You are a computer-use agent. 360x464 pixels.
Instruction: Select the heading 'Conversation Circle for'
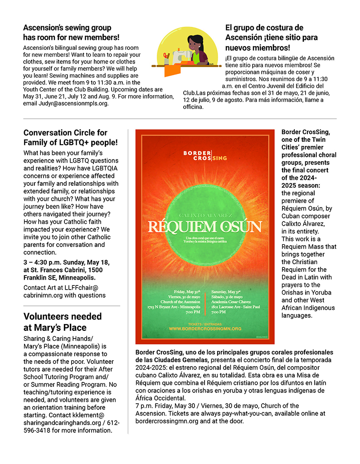pos(65,133)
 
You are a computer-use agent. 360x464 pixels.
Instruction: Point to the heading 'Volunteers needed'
pos(63,316)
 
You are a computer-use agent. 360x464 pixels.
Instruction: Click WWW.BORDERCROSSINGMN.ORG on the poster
pos(205,328)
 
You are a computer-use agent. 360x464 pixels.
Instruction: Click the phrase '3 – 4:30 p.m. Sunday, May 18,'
pos(66,262)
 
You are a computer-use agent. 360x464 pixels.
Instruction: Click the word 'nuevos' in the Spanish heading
pos(241,47)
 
